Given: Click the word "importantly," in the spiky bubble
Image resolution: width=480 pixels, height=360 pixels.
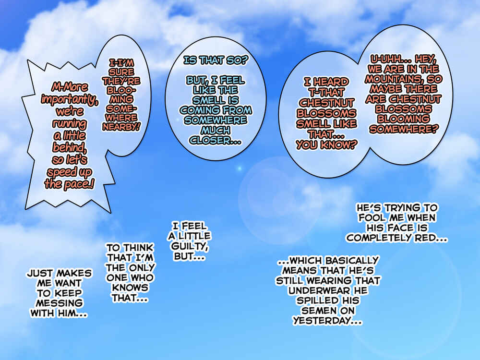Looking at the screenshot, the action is pos(70,100).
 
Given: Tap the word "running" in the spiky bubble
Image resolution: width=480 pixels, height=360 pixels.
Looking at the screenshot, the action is pos(70,124).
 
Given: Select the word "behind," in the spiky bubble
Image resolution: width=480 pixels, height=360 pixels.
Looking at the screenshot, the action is pos(70,147).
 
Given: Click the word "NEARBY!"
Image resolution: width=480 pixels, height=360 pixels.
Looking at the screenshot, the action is pos(121,127).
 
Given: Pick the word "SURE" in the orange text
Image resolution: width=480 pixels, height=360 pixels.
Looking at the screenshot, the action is pos(121,72).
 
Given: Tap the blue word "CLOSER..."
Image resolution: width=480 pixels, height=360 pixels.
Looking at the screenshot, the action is pos(215,141).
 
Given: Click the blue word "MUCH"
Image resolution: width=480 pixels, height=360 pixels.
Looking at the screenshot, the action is pos(216,131).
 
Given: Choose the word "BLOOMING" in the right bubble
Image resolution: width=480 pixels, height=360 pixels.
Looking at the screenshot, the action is pos(404,119).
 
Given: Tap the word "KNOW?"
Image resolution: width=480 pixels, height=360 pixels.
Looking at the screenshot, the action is pos(338,145).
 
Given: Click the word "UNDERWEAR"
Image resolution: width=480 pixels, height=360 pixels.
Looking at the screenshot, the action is pos(319,291).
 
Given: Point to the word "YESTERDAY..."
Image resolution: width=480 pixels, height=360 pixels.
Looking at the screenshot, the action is pos(327,321).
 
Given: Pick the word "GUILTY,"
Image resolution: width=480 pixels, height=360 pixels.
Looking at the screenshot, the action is pos(190,246).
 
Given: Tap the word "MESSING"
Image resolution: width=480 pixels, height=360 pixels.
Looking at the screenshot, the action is pos(59,303).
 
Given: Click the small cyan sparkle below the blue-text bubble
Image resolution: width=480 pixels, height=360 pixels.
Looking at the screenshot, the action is pos(240,168).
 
